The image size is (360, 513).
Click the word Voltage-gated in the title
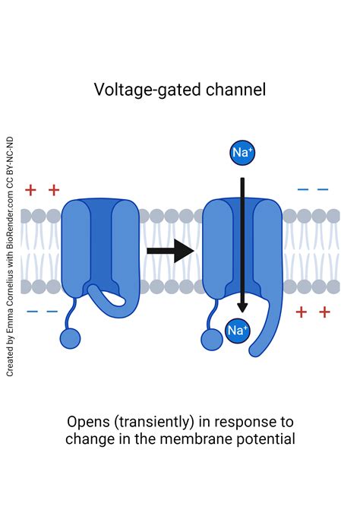pyautogui.click(x=137, y=90)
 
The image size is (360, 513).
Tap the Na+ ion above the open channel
pyautogui.click(x=242, y=153)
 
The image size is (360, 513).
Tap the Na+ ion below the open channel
pyautogui.click(x=238, y=331)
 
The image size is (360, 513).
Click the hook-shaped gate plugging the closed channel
pyautogui.click(x=114, y=298)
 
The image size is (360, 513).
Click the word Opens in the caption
pyautogui.click(x=87, y=422)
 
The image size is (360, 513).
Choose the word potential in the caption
pyautogui.click(x=268, y=439)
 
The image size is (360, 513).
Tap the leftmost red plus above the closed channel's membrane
pyautogui.click(x=30, y=189)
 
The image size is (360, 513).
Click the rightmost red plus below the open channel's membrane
pyautogui.click(x=324, y=312)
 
